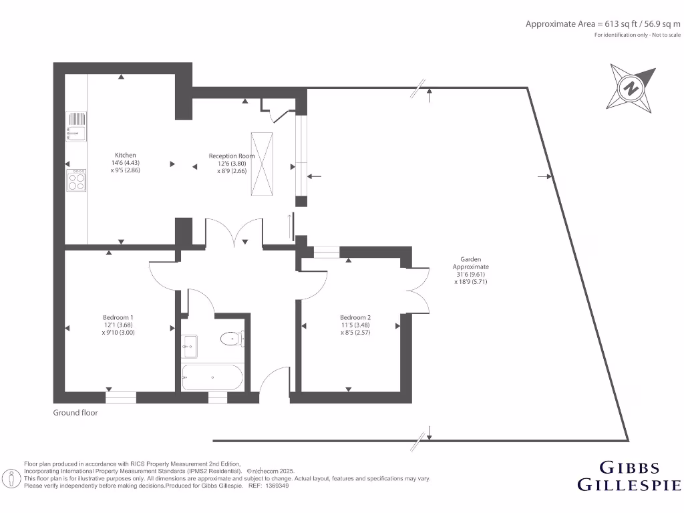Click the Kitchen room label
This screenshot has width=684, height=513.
tap(125, 155)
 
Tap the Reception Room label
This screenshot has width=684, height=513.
tap(232, 156)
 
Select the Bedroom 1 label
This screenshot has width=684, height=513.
tap(118, 317)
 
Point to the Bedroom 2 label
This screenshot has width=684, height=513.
tap(355, 317)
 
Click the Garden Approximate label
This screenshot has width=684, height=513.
tap(470, 263)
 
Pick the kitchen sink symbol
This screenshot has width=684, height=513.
tap(77, 126)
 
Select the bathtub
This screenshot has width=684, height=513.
tap(211, 377)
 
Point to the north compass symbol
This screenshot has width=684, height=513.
tap(629, 88)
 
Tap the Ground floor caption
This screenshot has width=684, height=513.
tap(75, 413)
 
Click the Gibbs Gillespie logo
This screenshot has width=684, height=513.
tap(629, 476)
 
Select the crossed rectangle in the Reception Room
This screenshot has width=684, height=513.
tap(261, 164)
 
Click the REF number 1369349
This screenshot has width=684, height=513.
tap(277, 486)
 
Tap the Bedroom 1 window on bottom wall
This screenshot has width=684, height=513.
tap(121, 397)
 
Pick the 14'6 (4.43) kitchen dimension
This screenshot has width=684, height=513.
tap(126, 162)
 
